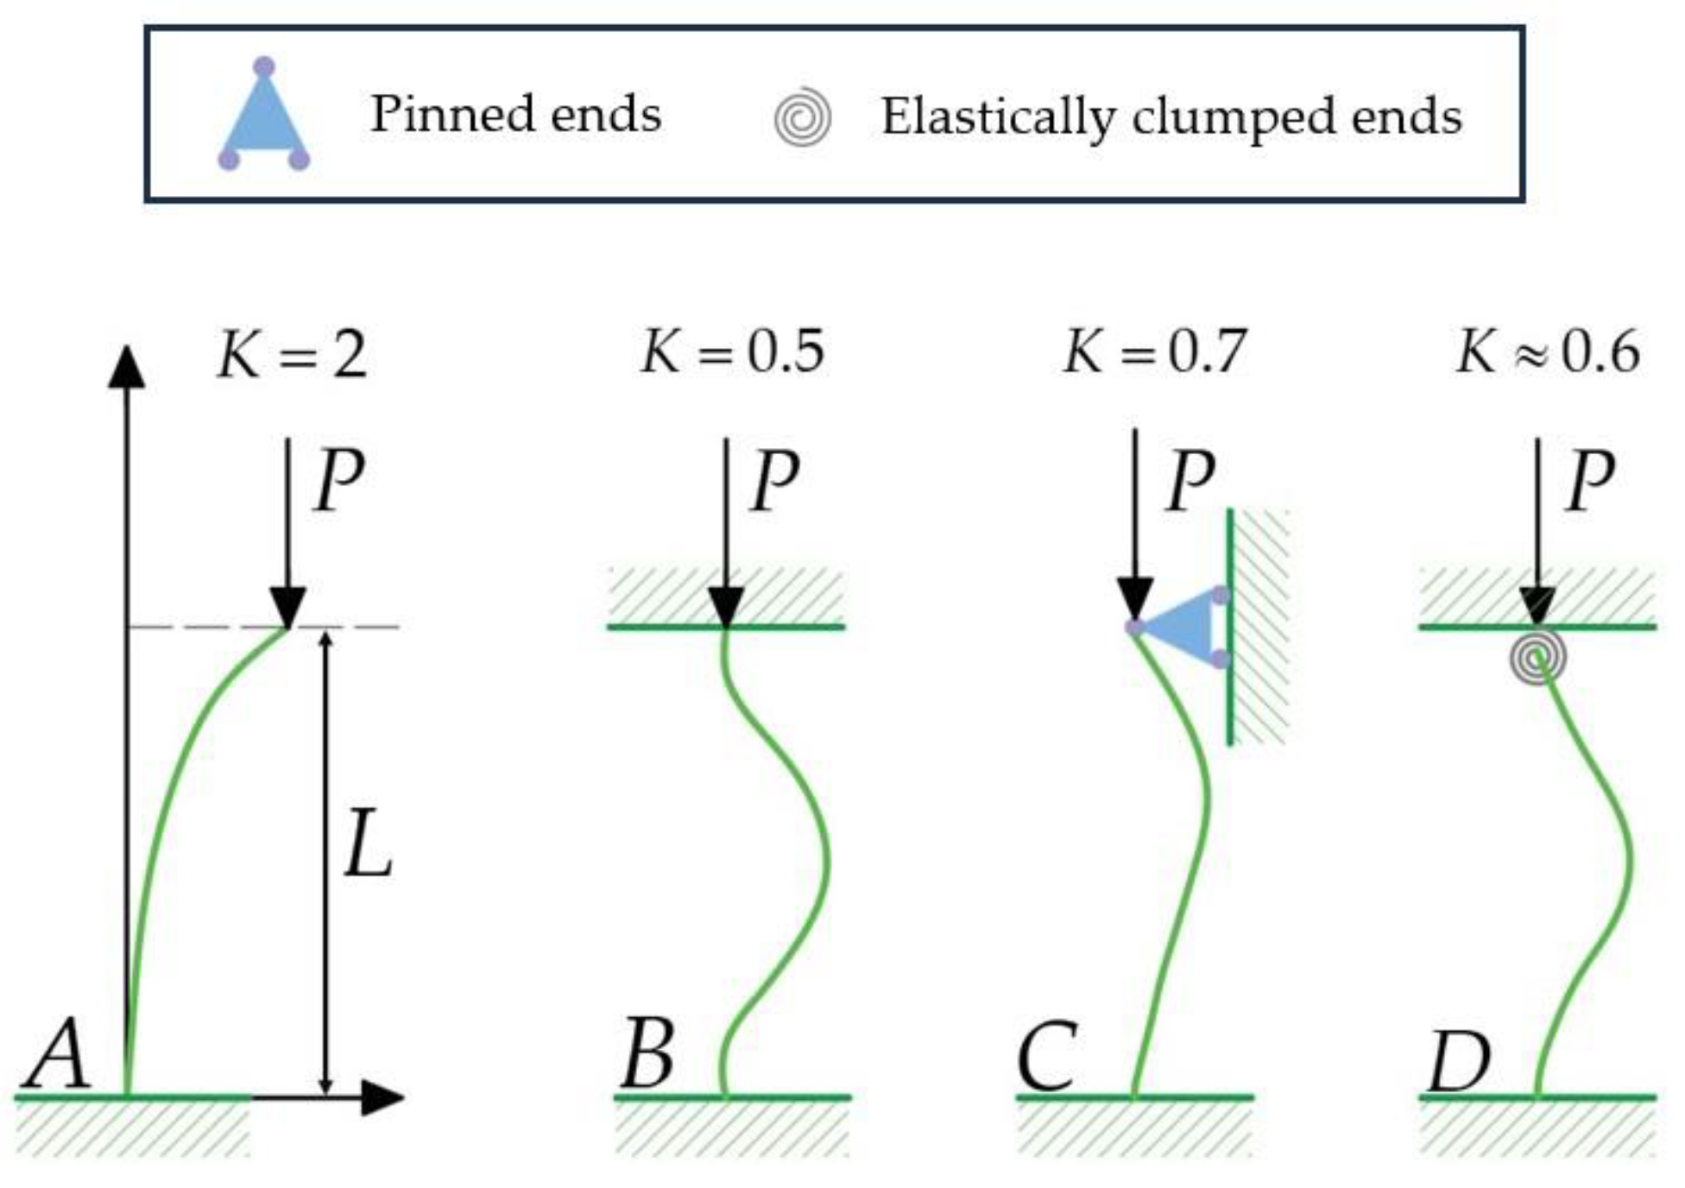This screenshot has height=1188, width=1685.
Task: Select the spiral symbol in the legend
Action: (802, 117)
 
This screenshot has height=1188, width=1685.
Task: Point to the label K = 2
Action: (292, 354)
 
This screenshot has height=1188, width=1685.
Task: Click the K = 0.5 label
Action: (732, 352)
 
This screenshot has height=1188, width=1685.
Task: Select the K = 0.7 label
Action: (1155, 352)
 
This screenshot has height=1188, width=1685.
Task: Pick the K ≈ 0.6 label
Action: (1548, 352)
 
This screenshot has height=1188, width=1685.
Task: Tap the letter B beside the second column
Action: (647, 1053)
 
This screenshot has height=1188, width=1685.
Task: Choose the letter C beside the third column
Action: (1047, 1055)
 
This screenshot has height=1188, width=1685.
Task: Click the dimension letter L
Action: (368, 846)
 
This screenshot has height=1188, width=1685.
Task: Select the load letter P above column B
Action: (774, 480)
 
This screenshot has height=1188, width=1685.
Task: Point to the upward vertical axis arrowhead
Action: (127, 366)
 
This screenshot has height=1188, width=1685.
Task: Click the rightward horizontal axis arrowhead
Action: (382, 1096)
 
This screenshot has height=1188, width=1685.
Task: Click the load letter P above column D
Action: (1590, 480)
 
